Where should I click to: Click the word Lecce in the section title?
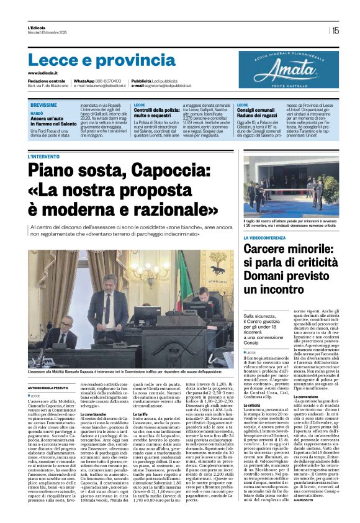pyautogui.click(x=53, y=60)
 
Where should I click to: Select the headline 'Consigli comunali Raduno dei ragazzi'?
pyautogui.click(x=257, y=112)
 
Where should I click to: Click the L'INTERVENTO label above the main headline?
pyautogui.click(x=45, y=157)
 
